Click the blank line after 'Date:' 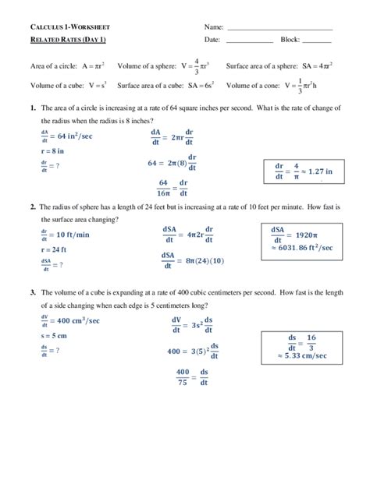250,41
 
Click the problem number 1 33,108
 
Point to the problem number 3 33,292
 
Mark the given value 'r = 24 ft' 54,249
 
